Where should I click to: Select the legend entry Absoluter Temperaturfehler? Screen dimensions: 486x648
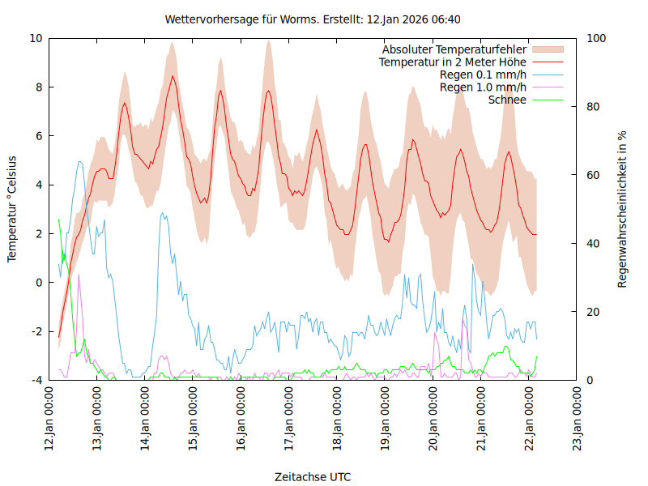tap(454, 49)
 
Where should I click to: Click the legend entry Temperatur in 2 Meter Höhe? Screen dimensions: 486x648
tap(453, 62)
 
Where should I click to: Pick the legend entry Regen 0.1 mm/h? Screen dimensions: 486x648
tap(483, 75)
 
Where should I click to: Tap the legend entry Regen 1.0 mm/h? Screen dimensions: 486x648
tap(483, 87)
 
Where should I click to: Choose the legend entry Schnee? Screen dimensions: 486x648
tap(508, 100)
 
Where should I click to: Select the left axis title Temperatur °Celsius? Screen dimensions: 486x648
tap(12, 209)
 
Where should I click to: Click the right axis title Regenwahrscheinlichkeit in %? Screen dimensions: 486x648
tap(623, 209)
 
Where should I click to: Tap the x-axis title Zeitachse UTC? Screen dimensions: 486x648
tap(313, 477)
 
